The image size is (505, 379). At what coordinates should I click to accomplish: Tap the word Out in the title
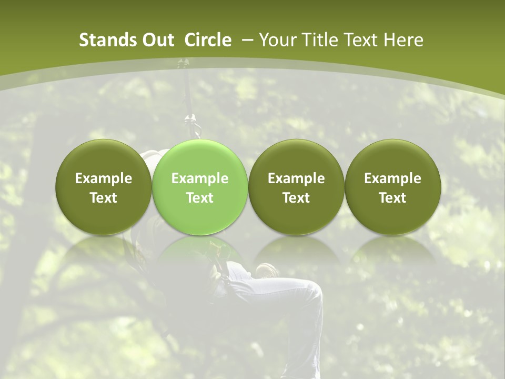pyautogui.click(x=158, y=40)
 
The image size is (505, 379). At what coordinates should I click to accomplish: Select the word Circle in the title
pyautogui.click(x=208, y=40)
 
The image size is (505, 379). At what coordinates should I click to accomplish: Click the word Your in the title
pyautogui.click(x=276, y=40)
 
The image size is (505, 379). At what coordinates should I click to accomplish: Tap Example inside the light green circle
pyautogui.click(x=199, y=178)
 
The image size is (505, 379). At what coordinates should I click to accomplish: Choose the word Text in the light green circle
pyautogui.click(x=199, y=198)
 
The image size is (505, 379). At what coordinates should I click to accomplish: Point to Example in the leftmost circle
pyautogui.click(x=103, y=178)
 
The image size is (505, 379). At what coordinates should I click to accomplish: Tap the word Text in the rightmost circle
pyautogui.click(x=392, y=198)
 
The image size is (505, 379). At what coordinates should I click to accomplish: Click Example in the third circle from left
pyautogui.click(x=296, y=178)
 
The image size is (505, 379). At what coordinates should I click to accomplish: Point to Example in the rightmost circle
pyautogui.click(x=392, y=178)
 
